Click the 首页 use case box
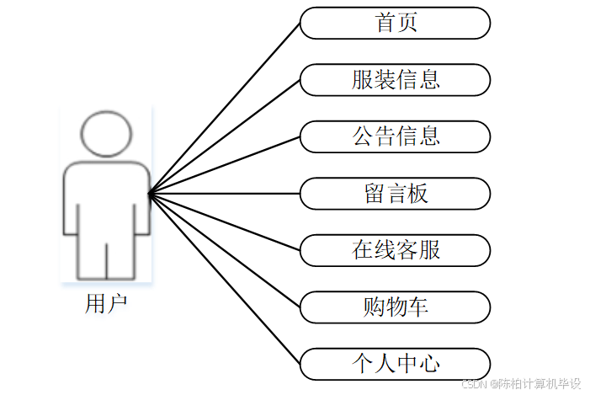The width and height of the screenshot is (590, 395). coord(395,23)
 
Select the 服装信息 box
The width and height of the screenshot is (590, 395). coord(395,80)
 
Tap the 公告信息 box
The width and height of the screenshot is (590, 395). coord(395,136)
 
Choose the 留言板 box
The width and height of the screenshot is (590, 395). coord(395,194)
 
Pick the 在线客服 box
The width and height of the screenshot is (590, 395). coord(395,250)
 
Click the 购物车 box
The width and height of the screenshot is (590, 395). coord(395,307)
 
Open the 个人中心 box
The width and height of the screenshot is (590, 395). coord(395,364)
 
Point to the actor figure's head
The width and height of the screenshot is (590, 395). coord(106,134)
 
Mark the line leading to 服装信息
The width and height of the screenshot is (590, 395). coord(225,136)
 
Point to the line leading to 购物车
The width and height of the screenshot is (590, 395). coord(225,251)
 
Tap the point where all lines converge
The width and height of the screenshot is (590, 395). coord(150,195)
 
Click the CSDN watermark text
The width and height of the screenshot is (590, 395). coord(522,384)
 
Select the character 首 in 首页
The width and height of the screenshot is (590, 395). coord(385,23)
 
